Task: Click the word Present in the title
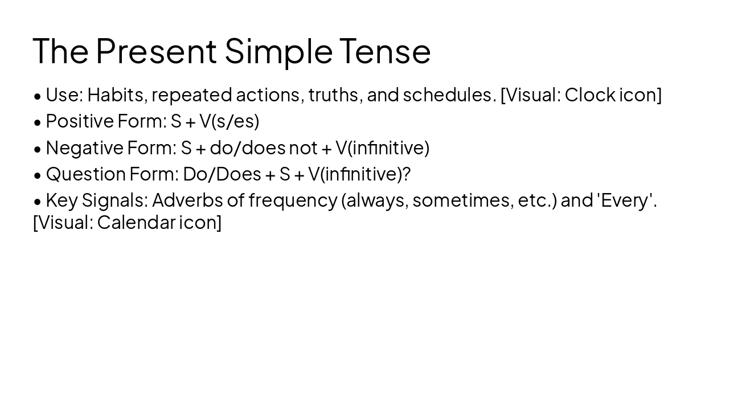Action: coord(156,51)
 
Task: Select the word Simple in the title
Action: coord(279,51)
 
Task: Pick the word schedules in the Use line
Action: coord(449,95)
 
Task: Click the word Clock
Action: coord(589,95)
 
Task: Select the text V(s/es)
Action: coord(229,121)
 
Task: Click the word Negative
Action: coord(84,147)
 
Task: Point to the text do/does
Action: coord(248,147)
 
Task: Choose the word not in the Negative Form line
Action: coord(303,147)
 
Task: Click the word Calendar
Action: coord(136,222)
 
